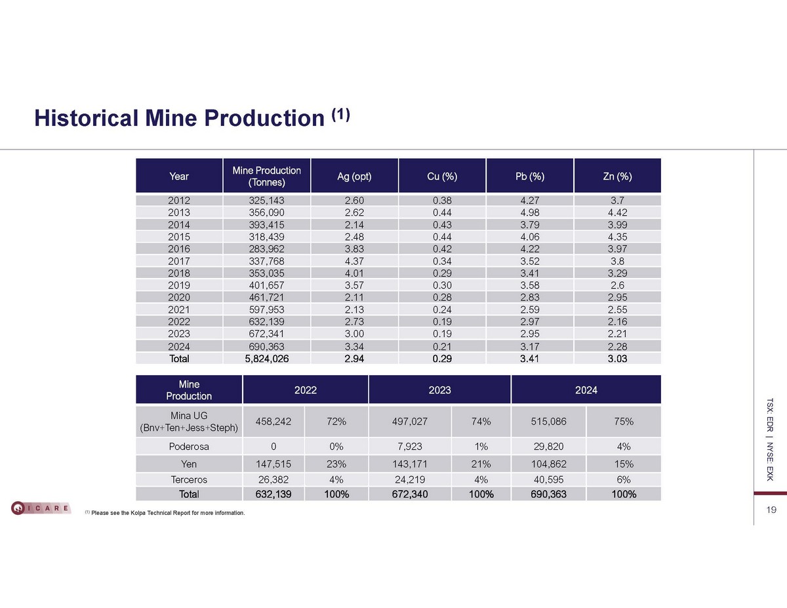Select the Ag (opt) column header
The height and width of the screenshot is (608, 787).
point(354,176)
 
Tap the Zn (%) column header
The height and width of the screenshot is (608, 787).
point(616,176)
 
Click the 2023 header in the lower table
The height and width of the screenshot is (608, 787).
point(439,390)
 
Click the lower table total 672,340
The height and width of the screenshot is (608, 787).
point(410,494)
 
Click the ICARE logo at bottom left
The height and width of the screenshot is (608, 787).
point(41,508)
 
